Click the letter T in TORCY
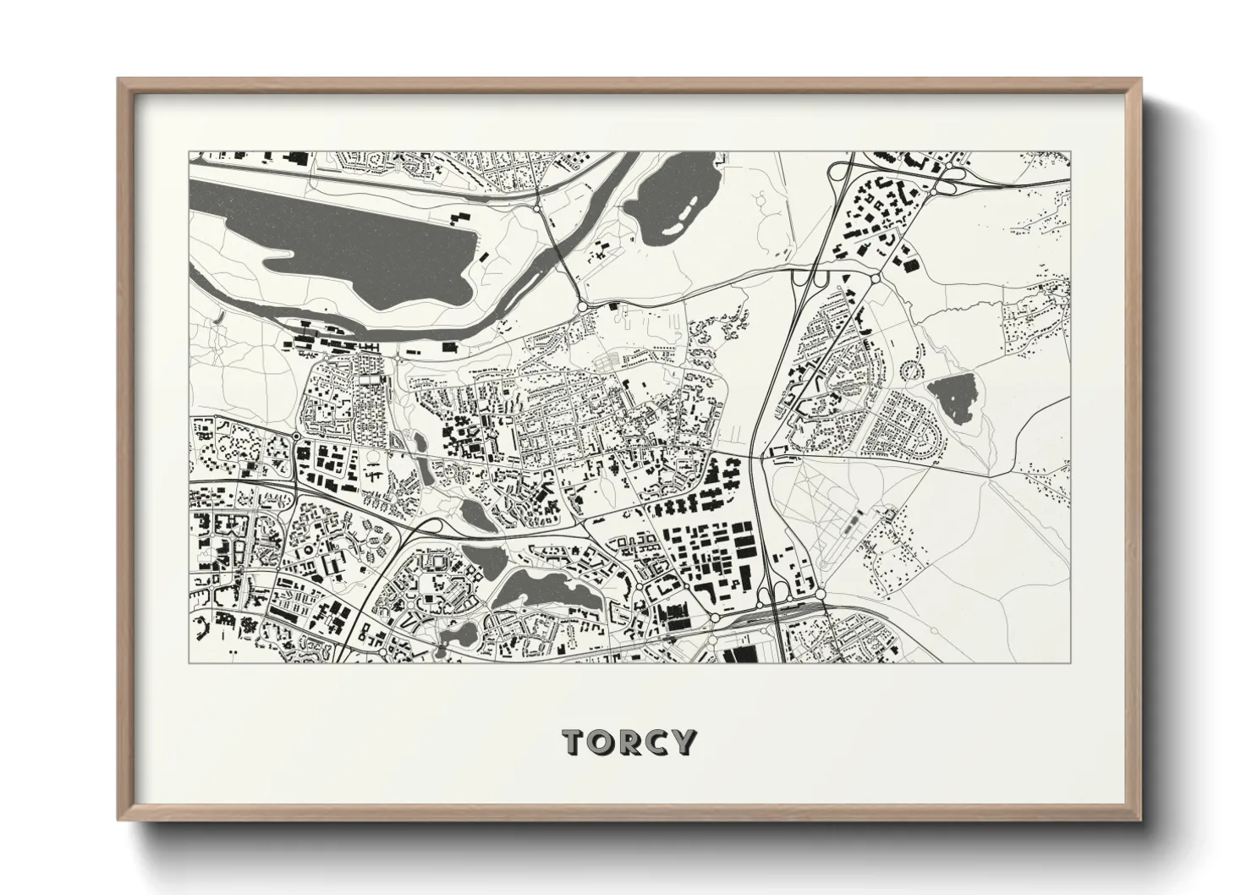click(x=574, y=742)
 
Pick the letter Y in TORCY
click(x=683, y=742)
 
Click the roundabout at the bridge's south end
click(x=583, y=305)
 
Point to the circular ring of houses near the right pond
click(x=911, y=371)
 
